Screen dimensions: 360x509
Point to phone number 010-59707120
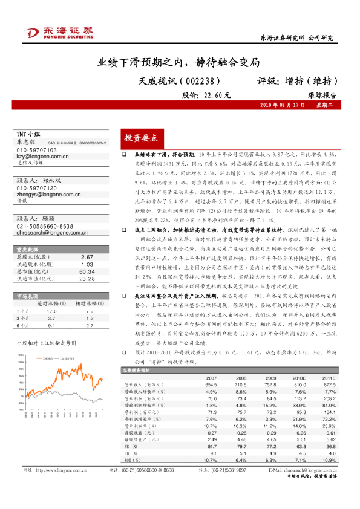[x=37, y=188]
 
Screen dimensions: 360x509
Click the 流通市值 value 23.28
[x=87, y=279]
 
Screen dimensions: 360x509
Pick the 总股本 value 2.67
[x=87, y=257]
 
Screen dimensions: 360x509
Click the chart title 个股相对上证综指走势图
[x=45, y=342]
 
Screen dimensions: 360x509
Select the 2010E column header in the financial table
[x=299, y=378]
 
